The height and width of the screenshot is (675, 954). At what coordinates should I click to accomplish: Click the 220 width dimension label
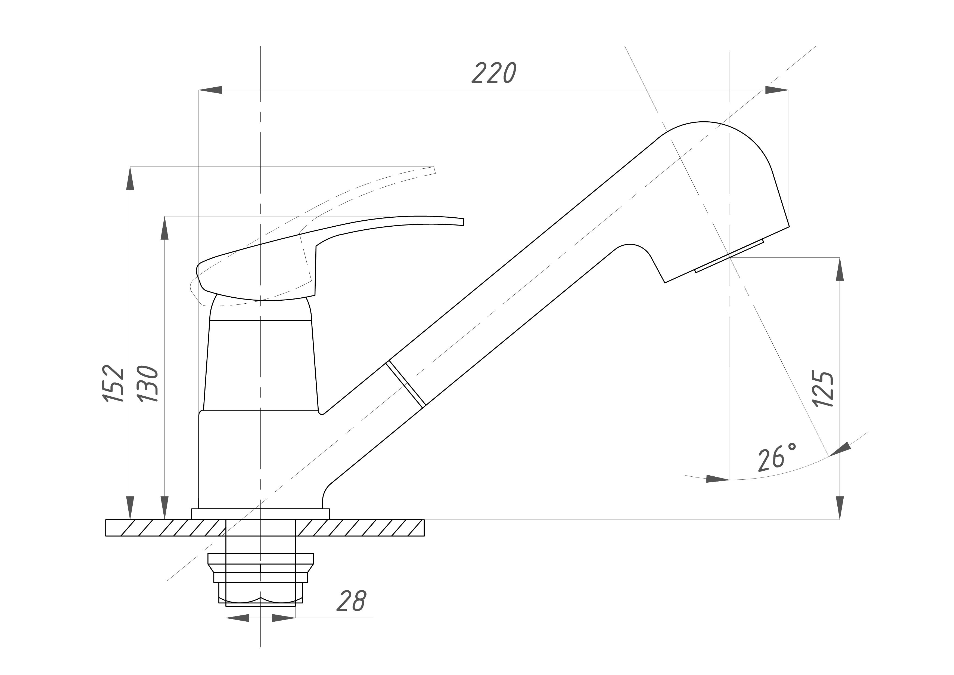494,73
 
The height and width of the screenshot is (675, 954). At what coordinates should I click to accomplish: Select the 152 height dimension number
113,383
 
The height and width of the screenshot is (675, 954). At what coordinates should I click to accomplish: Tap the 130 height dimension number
148,383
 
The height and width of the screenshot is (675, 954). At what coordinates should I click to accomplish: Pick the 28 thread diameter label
351,600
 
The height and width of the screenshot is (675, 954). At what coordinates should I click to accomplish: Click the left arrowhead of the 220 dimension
210,90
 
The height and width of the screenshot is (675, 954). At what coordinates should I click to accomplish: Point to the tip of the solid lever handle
463,222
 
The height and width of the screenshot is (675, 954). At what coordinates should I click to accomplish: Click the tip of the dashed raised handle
435,170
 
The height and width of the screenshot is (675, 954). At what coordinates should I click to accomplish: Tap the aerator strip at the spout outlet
729,256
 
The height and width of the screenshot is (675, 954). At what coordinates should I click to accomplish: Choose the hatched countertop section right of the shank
359,528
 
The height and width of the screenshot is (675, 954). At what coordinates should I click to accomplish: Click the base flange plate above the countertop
260,514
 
